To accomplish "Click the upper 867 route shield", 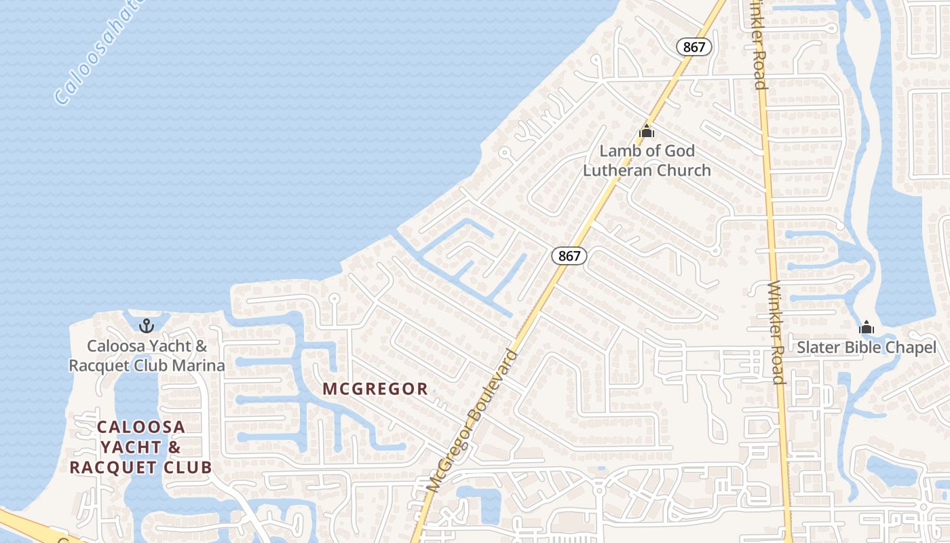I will tap(694, 47).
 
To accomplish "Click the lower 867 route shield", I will tap(569, 256).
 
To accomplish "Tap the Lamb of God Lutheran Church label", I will tap(647, 160).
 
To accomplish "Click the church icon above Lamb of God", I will tap(647, 130).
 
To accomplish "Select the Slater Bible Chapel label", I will tap(866, 348).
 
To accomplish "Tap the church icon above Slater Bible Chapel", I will tap(866, 328).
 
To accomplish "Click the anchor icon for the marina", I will tap(147, 326).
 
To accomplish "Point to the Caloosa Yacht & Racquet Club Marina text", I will tap(147, 356).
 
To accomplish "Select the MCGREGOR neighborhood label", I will tap(375, 389).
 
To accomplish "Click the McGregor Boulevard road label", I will tap(474, 421).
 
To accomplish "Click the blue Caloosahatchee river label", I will tap(98, 54).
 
